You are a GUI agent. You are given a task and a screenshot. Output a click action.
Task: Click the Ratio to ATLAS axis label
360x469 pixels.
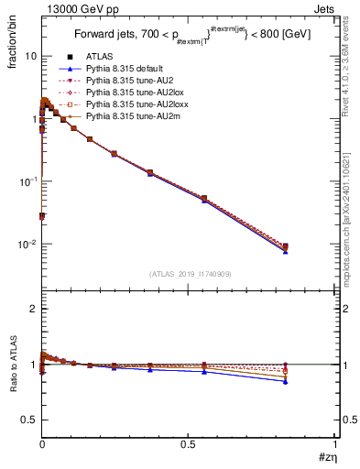click(13, 366)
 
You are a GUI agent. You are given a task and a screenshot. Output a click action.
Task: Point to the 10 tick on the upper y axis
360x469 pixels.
click(30, 56)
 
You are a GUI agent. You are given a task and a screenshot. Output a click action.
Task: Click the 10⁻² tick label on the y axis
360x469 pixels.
click(27, 245)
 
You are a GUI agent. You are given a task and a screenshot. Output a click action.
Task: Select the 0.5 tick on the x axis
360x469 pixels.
click(189, 445)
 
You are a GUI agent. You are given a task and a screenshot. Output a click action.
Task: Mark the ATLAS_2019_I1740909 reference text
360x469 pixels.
click(189, 274)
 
